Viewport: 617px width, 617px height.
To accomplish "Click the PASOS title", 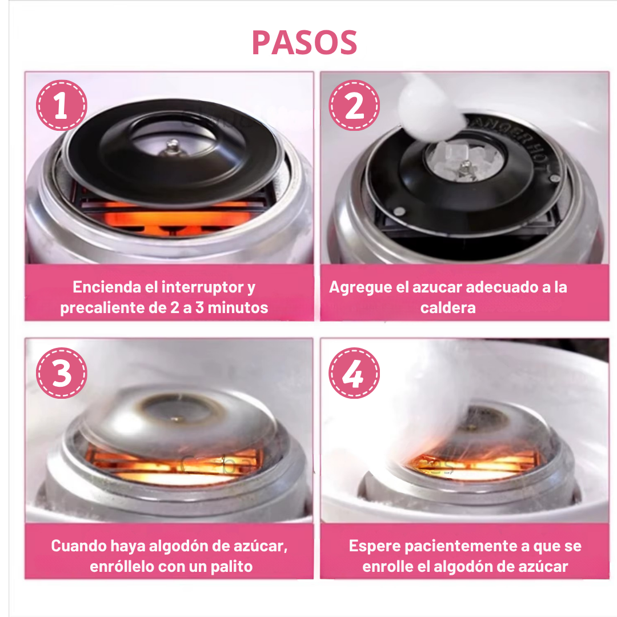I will coord(305,42).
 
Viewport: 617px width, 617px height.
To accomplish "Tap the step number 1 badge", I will coord(62,105).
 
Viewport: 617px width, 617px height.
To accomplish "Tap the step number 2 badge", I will coord(354,105).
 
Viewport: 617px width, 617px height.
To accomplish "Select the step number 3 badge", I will coord(62,373).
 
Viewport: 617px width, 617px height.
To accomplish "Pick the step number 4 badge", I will coord(354,373).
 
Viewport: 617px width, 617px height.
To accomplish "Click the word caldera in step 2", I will coord(448,307).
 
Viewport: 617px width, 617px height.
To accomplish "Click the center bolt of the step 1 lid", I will coord(171,148).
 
